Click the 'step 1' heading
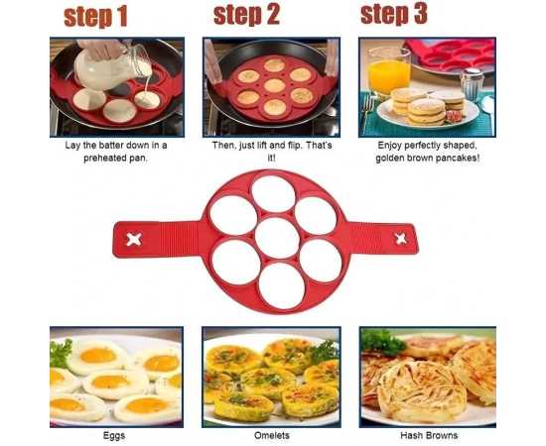95,17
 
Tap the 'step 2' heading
246,15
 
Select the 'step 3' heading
394,14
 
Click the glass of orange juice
388,71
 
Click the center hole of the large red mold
277,238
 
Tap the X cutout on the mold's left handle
134,239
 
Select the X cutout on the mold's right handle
400,239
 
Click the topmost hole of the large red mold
273,193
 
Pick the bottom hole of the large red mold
282,285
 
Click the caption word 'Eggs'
114,435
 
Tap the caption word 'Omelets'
272,435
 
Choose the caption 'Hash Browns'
429,435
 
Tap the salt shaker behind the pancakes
472,84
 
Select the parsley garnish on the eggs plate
61,354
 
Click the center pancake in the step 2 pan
274,85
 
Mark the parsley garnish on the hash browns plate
382,342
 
